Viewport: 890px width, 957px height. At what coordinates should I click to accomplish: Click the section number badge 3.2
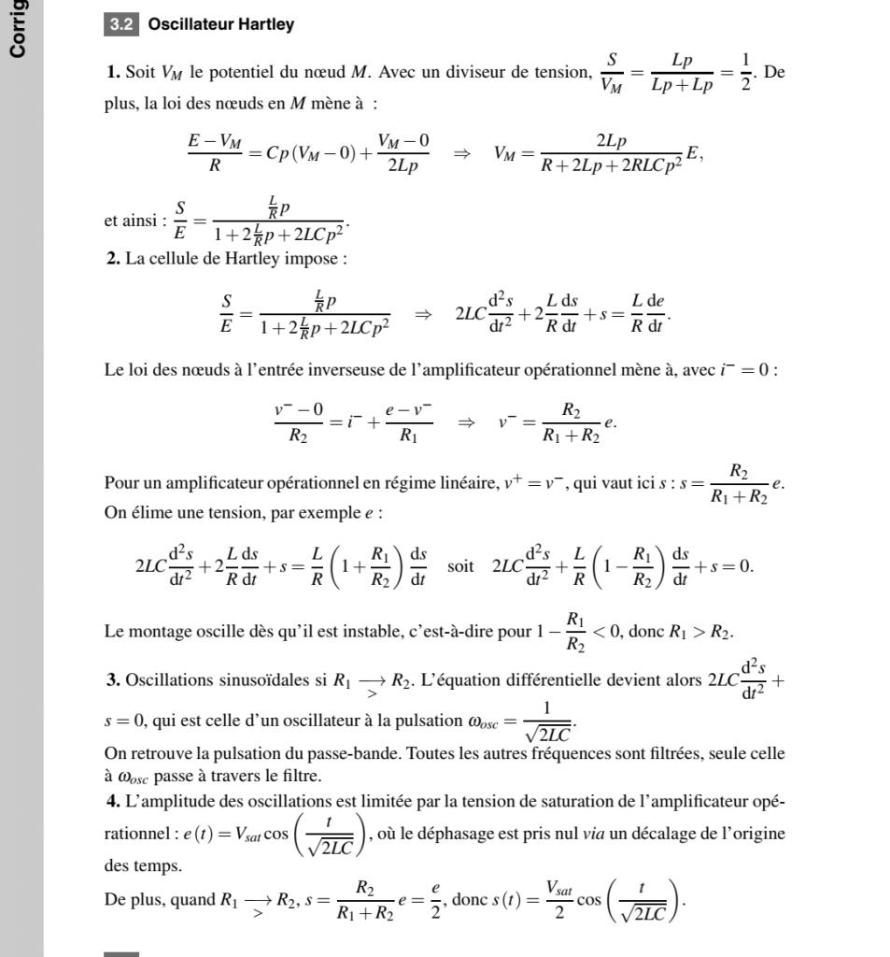(121, 24)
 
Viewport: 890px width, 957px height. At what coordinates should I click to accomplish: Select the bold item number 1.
(113, 73)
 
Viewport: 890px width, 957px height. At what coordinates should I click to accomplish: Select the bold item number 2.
(113, 258)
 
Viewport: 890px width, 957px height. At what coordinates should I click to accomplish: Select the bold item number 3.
(113, 679)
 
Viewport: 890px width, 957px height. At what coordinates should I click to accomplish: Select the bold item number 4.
(113, 801)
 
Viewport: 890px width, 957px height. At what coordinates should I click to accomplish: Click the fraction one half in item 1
(745, 73)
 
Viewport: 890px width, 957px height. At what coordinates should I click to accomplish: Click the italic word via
(594, 834)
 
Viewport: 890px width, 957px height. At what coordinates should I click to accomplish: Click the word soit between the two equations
(460, 566)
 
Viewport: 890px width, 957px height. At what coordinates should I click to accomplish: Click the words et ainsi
(133, 221)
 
